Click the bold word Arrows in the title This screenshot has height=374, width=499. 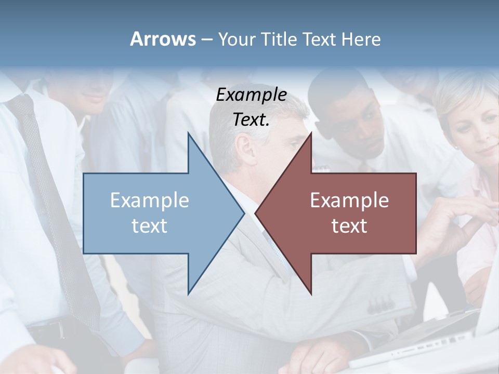click(163, 39)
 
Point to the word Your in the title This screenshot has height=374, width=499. click(235, 39)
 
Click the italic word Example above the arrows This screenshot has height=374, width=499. click(251, 95)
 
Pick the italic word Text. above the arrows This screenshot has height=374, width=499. click(251, 120)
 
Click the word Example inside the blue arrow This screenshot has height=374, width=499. click(150, 200)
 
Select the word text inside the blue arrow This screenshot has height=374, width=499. click(150, 225)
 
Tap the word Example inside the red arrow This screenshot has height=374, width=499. click(349, 200)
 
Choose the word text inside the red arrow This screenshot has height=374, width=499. click(349, 225)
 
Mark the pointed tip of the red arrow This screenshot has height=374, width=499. click(256, 213)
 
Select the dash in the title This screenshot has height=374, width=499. click(206, 39)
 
